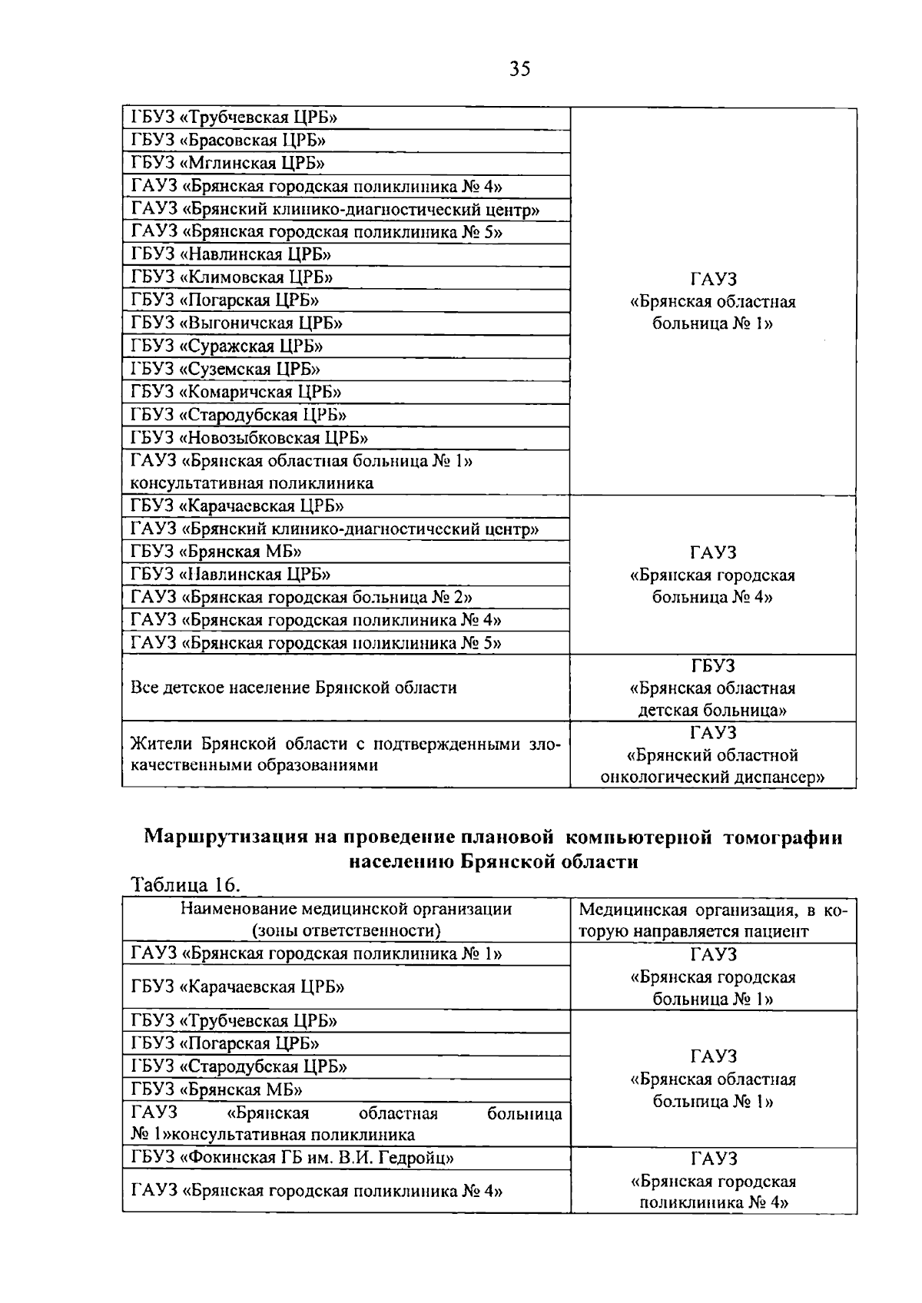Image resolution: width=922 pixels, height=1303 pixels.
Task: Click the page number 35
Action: [x=519, y=70]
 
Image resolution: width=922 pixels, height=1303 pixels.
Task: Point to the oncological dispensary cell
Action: [x=712, y=755]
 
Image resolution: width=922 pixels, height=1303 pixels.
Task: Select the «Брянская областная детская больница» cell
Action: [x=712, y=688]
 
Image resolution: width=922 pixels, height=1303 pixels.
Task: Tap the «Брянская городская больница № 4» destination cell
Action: [x=712, y=575]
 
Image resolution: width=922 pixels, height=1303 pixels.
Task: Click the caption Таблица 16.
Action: [x=186, y=885]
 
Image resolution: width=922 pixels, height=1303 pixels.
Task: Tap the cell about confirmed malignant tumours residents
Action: [x=345, y=754]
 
